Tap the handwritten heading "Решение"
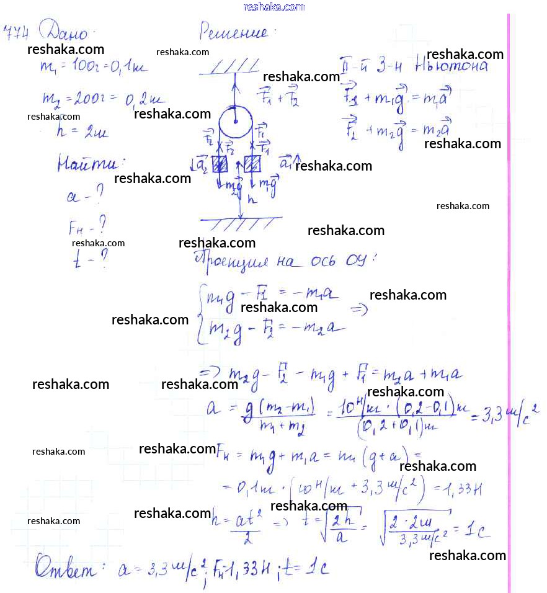pyautogui.click(x=234, y=31)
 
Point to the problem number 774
pyautogui.click(x=16, y=32)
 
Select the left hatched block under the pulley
pyautogui.click(x=220, y=165)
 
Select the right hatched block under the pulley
pyautogui.click(x=252, y=165)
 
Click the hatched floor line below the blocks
pyautogui.click(x=242, y=220)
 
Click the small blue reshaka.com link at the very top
pyautogui.click(x=273, y=7)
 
